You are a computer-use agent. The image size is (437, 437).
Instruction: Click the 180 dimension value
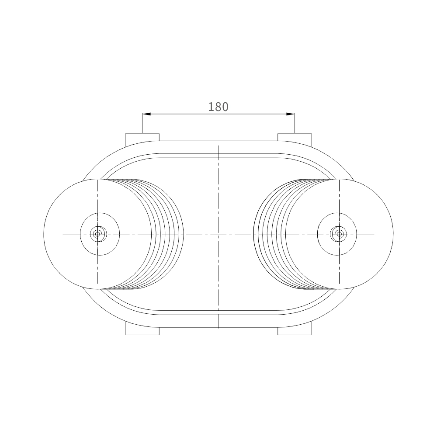pyautogui.click(x=218, y=107)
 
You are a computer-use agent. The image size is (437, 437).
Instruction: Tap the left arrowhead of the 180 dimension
pyautogui.click(x=146, y=114)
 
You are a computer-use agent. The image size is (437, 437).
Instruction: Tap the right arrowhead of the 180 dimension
pyautogui.click(x=291, y=114)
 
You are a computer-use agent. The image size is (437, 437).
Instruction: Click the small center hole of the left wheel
pyautogui.click(x=97, y=234)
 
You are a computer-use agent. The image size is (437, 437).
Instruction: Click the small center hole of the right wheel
pyautogui.click(x=339, y=234)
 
